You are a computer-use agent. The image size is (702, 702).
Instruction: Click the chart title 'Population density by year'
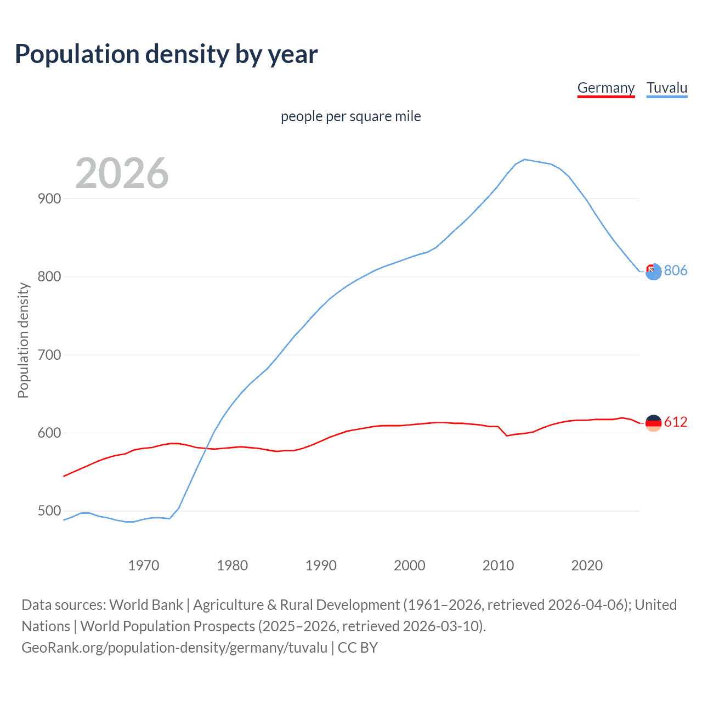click(x=166, y=54)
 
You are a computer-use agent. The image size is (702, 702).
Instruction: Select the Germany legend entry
click(x=605, y=88)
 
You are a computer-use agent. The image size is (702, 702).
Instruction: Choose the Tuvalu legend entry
click(x=666, y=88)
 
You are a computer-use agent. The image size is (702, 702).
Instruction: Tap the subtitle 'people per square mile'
click(x=351, y=116)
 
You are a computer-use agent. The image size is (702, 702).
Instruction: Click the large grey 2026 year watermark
click(x=122, y=173)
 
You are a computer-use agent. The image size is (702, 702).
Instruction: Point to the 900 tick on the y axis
click(x=49, y=199)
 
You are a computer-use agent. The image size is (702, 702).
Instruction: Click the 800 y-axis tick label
click(x=49, y=276)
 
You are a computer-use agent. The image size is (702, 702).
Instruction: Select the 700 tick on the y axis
click(x=49, y=355)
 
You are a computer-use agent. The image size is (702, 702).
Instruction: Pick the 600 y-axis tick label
click(x=49, y=433)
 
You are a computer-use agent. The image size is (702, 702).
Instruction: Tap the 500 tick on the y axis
click(x=49, y=511)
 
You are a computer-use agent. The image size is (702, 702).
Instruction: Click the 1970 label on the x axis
click(x=144, y=565)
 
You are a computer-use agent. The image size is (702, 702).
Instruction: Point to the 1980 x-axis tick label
click(x=232, y=565)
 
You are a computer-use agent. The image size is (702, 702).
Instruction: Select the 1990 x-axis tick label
click(x=321, y=565)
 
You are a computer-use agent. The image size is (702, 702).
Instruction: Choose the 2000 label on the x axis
click(x=410, y=565)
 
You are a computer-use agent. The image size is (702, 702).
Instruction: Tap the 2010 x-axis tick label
click(x=498, y=565)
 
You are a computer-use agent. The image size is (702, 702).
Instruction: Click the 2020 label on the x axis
click(x=587, y=565)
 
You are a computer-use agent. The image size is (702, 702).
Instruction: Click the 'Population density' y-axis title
click(x=23, y=340)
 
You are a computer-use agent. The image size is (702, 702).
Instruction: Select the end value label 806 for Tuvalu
click(x=675, y=270)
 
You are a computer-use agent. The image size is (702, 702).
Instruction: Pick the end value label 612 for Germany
click(x=675, y=422)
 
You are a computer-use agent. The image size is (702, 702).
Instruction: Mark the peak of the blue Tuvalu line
click(x=525, y=159)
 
